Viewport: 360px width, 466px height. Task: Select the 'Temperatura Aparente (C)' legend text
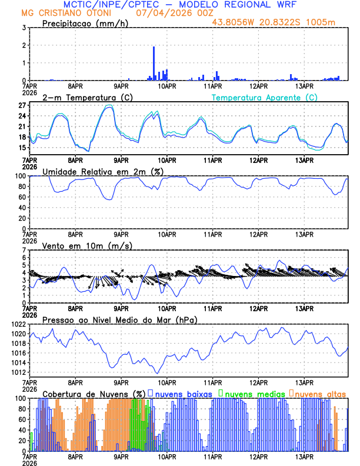(264, 97)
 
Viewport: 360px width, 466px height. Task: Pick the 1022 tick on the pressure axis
(18, 324)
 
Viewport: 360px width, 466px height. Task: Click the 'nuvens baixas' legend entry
(183, 393)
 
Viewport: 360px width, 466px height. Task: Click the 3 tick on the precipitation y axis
(23, 28)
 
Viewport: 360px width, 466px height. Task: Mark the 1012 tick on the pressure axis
(18, 372)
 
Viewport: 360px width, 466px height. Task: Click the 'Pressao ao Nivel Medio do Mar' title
(119, 319)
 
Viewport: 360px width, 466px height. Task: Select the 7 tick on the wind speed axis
(23, 250)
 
